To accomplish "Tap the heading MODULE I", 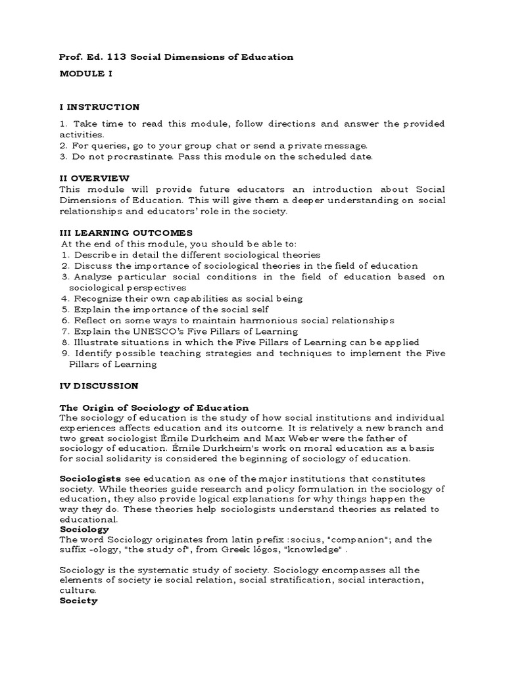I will pyautogui.click(x=85, y=74).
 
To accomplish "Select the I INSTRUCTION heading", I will pyautogui.click(x=99, y=106).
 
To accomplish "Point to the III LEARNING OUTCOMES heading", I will pyautogui.click(x=126, y=232).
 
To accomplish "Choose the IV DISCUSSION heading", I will pyautogui.click(x=99, y=385).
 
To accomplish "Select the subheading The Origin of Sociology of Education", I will pyautogui.click(x=154, y=407).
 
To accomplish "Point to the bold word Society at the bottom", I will pyautogui.click(x=78, y=600).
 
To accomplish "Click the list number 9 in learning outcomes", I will pyautogui.click(x=65, y=354).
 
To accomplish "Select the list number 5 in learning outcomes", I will pyautogui.click(x=65, y=309).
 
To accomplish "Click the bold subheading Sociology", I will pyautogui.click(x=84, y=528).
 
